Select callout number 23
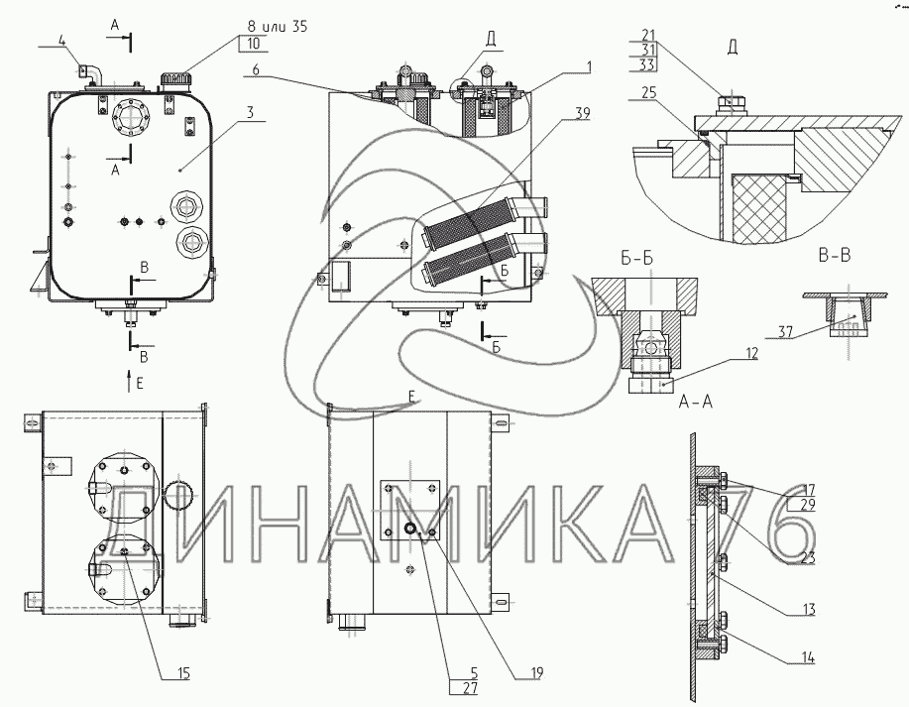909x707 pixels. click(x=809, y=557)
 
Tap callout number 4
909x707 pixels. click(x=62, y=40)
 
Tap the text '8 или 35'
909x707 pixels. click(x=272, y=27)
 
